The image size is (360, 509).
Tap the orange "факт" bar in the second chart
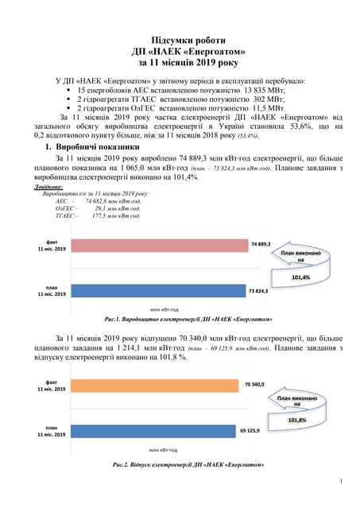(156, 386)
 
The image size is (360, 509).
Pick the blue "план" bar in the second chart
(154, 432)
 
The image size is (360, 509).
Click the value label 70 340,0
(254, 384)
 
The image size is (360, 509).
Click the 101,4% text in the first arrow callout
(301, 278)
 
